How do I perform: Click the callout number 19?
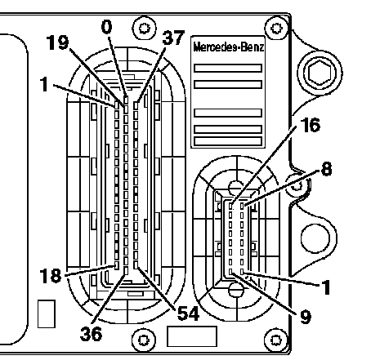pyautogui.click(x=57, y=42)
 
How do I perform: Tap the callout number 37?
pyautogui.click(x=173, y=38)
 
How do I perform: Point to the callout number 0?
pyautogui.click(x=106, y=27)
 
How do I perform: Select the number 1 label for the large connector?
pyautogui.click(x=44, y=84)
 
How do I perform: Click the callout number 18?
pyautogui.click(x=51, y=275)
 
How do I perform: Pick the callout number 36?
pyautogui.click(x=91, y=334)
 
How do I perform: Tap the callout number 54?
pyautogui.click(x=188, y=313)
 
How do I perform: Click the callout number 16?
pyautogui.click(x=310, y=125)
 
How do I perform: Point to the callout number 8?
pyautogui.click(x=327, y=169)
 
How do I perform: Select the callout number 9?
pyautogui.click(x=305, y=317)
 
